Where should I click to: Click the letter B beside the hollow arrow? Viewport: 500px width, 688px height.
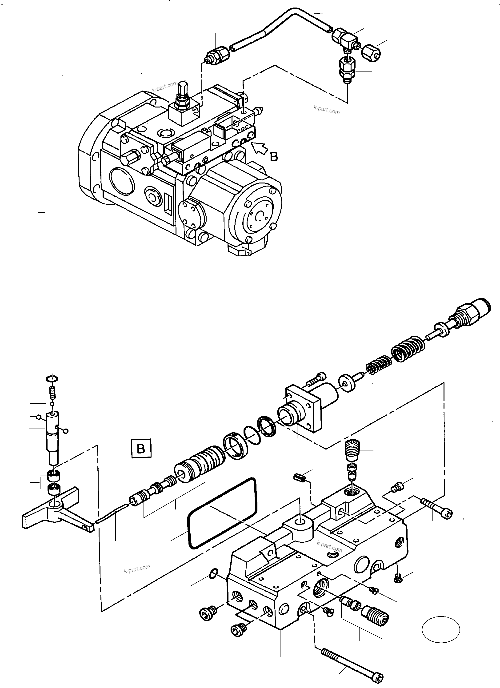pos(274,156)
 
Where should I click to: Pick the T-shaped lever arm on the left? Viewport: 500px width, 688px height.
pos(55,513)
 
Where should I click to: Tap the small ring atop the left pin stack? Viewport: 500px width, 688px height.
pos(52,379)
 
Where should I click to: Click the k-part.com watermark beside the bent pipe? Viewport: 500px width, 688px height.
pos(327,110)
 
